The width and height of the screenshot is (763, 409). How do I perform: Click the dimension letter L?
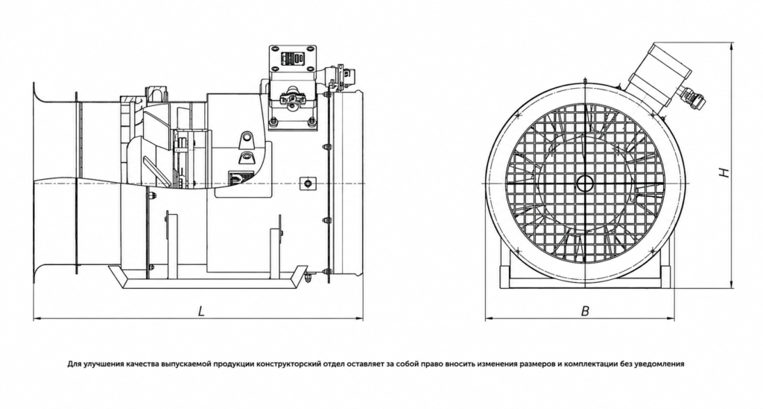tap(201, 311)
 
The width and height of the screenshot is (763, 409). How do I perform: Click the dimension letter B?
tap(586, 311)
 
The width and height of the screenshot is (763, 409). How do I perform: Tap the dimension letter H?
tap(724, 172)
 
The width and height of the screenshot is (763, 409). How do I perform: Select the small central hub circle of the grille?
tap(584, 184)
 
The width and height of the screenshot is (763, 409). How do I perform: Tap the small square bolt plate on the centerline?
tap(308, 183)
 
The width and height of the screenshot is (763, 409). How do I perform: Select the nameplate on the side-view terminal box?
tap(292, 58)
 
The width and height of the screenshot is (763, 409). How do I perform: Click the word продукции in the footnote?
tap(235, 364)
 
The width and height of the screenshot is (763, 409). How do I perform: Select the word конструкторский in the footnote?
tap(288, 364)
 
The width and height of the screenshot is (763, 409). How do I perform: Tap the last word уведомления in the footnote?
tap(660, 364)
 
